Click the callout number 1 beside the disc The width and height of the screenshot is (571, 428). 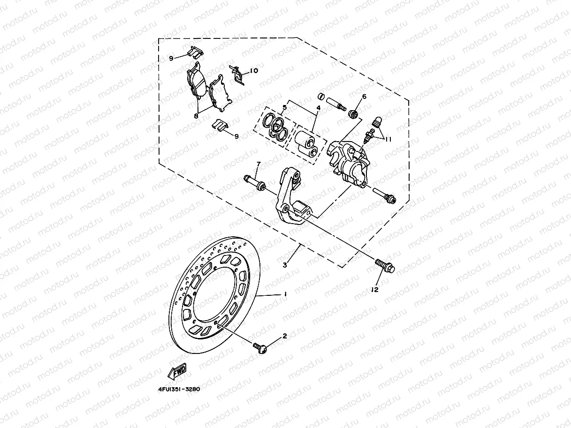click(284, 294)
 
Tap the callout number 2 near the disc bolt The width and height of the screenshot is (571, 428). click(284, 336)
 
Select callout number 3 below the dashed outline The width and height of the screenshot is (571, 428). click(285, 265)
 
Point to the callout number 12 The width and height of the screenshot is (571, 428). click(374, 290)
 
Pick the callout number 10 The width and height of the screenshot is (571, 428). click(253, 71)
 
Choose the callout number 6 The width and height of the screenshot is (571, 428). click(364, 97)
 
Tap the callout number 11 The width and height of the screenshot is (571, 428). click(388, 139)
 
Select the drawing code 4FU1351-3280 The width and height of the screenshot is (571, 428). click(176, 389)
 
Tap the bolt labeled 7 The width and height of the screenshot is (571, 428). click(254, 182)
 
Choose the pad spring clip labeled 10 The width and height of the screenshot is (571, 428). click(238, 74)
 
